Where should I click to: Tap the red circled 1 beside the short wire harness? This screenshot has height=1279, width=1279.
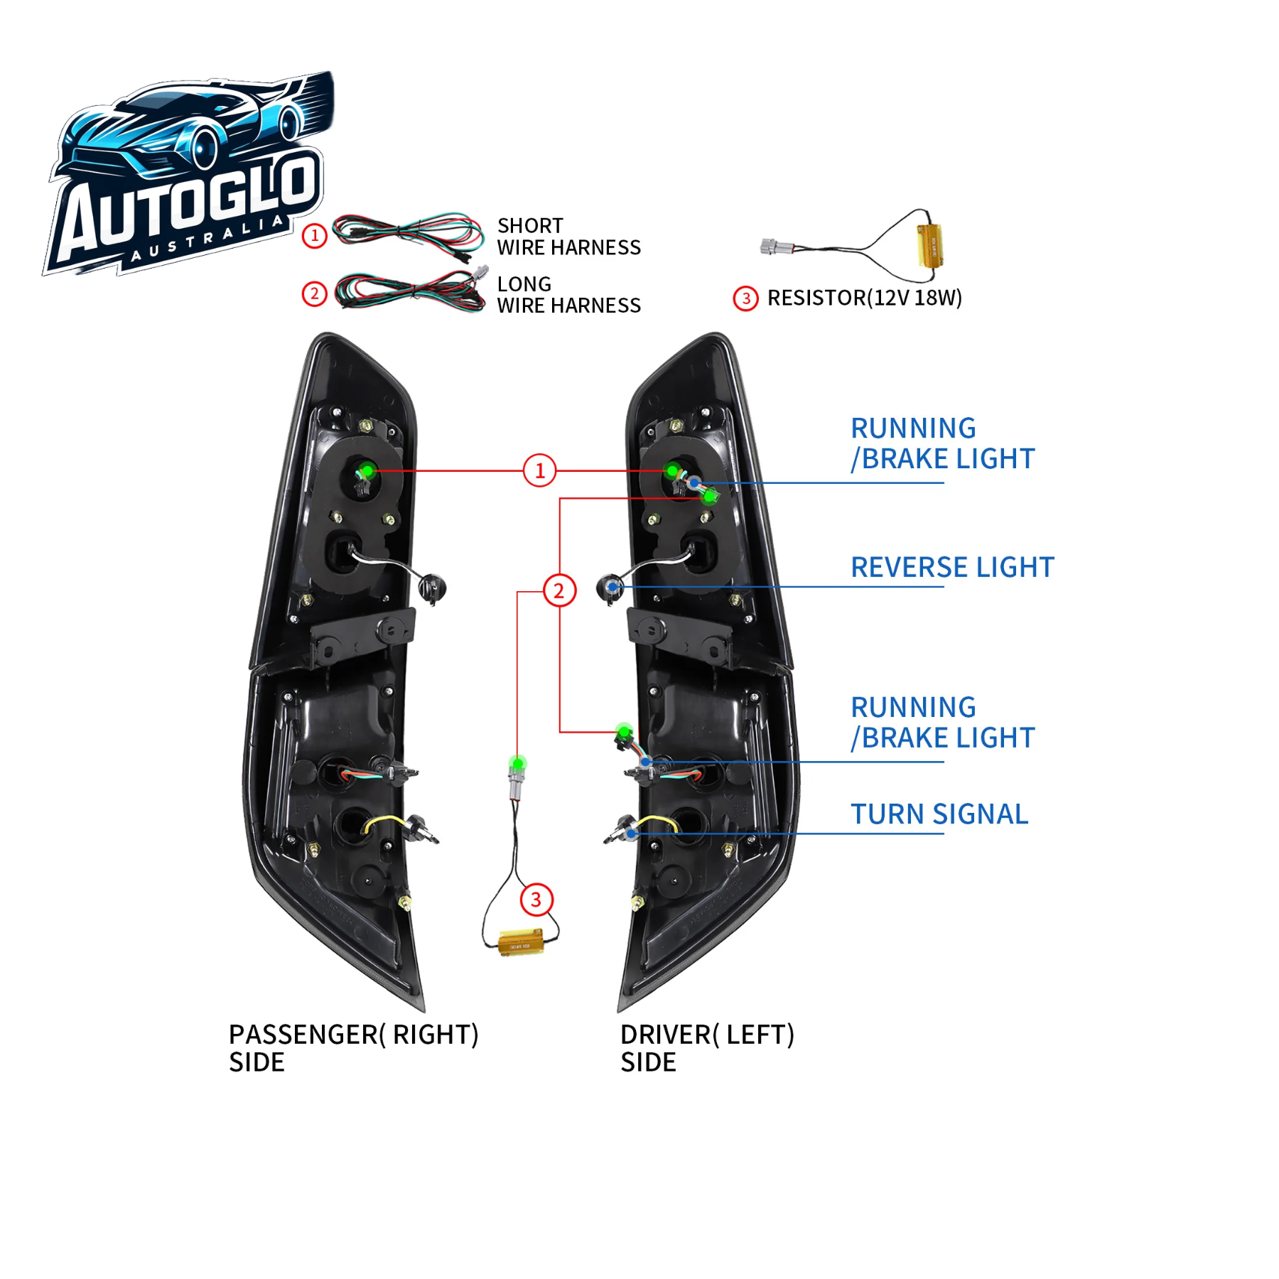[x=315, y=235]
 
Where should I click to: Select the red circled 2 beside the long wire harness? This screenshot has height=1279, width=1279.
[x=315, y=293]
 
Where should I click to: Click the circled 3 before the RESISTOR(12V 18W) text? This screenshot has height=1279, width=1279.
[x=745, y=298]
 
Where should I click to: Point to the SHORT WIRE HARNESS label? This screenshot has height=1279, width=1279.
[x=568, y=237]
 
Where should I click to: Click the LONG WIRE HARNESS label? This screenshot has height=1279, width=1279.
[x=568, y=295]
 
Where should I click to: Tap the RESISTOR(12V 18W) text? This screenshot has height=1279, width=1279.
[x=864, y=298]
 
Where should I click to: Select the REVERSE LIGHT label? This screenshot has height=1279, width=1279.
[x=952, y=568]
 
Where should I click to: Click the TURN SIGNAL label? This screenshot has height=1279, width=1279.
[x=939, y=814]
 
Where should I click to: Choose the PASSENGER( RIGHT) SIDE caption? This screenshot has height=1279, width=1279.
[x=353, y=1048]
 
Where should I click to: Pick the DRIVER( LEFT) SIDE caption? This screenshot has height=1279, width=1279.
[x=707, y=1048]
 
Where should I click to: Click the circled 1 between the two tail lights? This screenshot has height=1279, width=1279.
[x=539, y=470]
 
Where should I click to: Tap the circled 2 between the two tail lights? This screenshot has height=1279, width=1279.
[x=559, y=590]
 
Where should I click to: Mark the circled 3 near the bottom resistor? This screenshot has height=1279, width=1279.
[x=536, y=900]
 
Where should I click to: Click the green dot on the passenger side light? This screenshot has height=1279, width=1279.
[x=367, y=470]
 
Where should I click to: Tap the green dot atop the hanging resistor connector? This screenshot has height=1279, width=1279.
[x=518, y=764]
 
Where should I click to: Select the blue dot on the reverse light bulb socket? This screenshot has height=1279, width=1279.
[x=612, y=587]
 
